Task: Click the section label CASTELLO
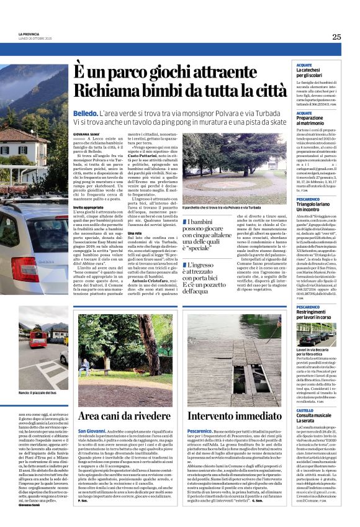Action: coord(305,410)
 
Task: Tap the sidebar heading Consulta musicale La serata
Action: coord(315,419)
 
